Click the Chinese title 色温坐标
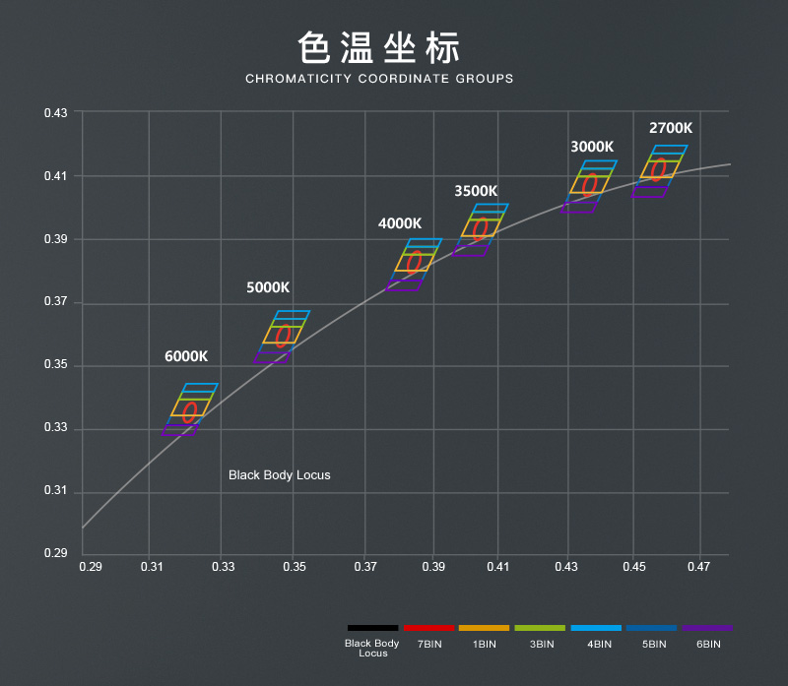click(379, 47)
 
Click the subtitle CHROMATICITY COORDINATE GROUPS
click(379, 79)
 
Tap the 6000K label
click(186, 356)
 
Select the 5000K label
click(268, 287)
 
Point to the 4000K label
click(400, 223)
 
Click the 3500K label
click(476, 191)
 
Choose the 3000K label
click(592, 147)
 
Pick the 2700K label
click(670, 128)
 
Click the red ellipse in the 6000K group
click(189, 412)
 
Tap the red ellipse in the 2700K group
click(659, 169)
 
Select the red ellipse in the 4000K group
click(415, 262)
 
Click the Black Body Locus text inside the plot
click(280, 475)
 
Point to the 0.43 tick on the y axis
click(56, 113)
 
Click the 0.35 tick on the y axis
click(56, 366)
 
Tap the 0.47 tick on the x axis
click(698, 567)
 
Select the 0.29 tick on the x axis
click(90, 567)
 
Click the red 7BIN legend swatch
click(428, 627)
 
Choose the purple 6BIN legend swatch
click(707, 627)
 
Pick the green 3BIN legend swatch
click(540, 627)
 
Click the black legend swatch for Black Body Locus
click(372, 627)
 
